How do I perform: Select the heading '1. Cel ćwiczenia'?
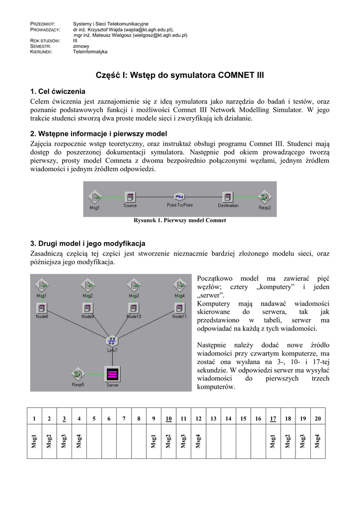[x=58, y=91]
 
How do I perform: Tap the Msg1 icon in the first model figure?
[x=94, y=197]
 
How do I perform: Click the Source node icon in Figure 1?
[x=131, y=196]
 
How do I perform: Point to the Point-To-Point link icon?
[x=179, y=196]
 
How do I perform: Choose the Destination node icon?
[x=228, y=196]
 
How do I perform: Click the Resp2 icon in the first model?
[x=264, y=197]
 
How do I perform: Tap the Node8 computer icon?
[x=42, y=308]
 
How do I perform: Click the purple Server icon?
[x=112, y=374]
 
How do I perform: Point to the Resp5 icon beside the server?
[x=77, y=374]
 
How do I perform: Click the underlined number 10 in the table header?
[x=168, y=419]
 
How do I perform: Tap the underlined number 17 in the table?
[x=273, y=419]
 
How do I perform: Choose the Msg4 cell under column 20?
[x=318, y=441]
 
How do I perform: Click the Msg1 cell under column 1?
[x=34, y=441]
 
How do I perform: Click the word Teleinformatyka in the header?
[x=90, y=52]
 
